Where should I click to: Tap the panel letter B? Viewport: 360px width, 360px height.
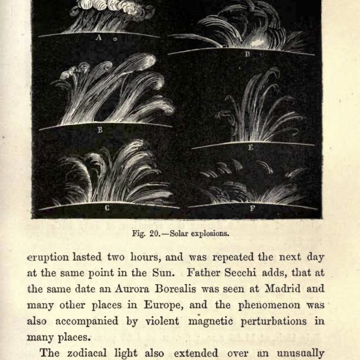point(100,130)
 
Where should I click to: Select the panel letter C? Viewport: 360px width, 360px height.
point(106,209)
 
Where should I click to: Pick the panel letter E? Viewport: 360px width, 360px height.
point(251,147)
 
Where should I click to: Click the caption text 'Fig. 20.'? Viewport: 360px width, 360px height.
point(145,233)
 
